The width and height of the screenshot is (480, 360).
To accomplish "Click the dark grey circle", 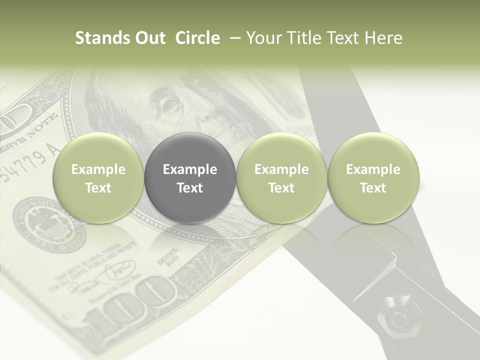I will click(x=190, y=177).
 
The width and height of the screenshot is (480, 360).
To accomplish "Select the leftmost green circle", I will click(x=98, y=177).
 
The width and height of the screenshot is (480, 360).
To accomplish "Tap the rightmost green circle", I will click(x=373, y=177).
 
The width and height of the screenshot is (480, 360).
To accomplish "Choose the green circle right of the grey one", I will click(x=281, y=177).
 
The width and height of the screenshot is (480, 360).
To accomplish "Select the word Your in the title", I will click(x=264, y=38).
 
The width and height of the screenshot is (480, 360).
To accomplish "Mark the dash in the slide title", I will click(x=234, y=38).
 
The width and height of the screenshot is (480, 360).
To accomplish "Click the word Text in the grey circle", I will click(x=190, y=188).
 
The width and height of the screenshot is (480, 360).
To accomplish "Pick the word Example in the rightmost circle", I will click(x=373, y=169).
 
